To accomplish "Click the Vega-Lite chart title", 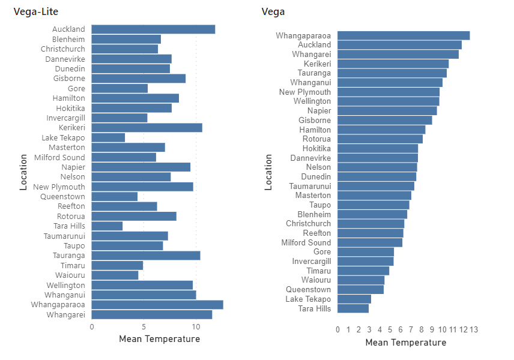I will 35,11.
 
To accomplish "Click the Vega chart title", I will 273,11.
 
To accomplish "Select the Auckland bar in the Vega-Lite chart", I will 153,29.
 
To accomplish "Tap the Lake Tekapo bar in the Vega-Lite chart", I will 108,137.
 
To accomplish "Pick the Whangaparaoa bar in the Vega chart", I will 404,35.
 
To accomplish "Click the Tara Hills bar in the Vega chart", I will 353,308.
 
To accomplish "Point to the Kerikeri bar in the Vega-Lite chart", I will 147,128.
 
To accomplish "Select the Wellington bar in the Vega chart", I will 388,101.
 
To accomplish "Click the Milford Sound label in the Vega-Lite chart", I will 60,157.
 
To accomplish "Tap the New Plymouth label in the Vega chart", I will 304,92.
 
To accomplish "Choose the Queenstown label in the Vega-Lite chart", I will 62,197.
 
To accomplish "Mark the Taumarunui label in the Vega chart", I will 309,186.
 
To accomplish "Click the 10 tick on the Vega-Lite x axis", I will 196,327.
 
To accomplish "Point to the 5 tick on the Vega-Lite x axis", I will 144,327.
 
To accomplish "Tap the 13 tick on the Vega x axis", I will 473,329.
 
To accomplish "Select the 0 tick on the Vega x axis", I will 337,329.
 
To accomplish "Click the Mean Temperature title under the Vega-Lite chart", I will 159,339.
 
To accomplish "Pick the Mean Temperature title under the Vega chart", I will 405,343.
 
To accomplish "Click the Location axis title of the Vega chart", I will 268,172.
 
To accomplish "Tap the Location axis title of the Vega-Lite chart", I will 23,172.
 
